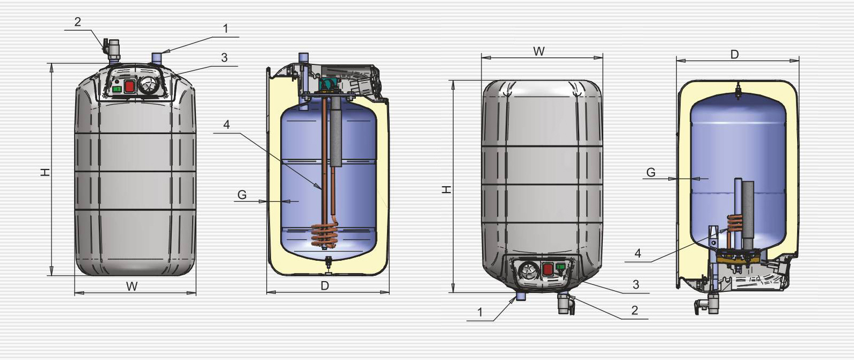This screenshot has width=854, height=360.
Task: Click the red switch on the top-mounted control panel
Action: coord(129,86)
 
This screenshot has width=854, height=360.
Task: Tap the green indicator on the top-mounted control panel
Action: coord(117,89)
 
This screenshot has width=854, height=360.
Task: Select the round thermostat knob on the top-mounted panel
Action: coord(148,85)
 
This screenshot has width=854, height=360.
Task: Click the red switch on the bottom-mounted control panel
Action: coord(548,270)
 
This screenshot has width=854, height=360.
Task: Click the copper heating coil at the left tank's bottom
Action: coord(324,236)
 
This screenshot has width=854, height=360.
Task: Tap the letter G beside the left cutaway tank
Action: coord(242,195)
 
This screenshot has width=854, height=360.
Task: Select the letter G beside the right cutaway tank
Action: coord(651,173)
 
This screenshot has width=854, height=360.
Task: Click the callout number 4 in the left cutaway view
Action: coord(227,124)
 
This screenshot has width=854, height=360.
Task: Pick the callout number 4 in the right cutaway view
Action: coord(638,253)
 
